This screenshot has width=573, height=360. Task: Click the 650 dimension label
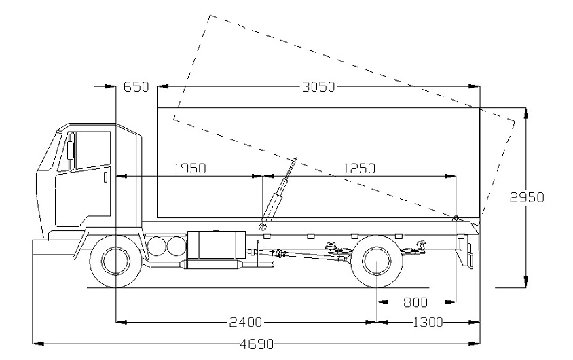coord(136,87)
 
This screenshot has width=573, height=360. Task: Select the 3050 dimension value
coord(317,87)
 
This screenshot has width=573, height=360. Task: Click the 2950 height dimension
coord(527,197)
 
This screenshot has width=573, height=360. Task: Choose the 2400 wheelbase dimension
coord(242,321)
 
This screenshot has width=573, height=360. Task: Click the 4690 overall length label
coord(257,344)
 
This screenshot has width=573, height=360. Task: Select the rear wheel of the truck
coord(378,262)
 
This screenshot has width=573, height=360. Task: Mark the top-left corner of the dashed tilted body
coord(210,14)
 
